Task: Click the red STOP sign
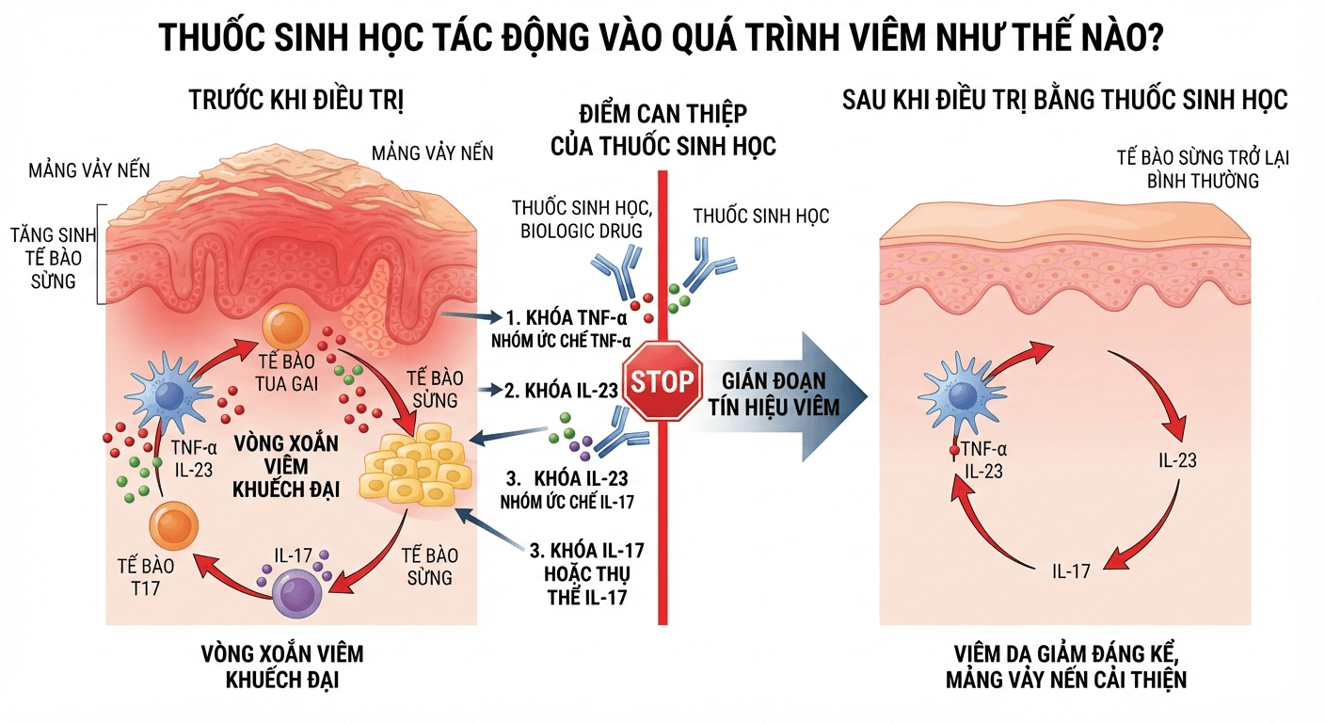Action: [x=662, y=381]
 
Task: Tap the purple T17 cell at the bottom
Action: [x=297, y=593]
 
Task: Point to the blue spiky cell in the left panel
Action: [x=169, y=394]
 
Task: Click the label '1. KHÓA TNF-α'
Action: [x=567, y=318]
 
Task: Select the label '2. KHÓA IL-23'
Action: [x=561, y=391]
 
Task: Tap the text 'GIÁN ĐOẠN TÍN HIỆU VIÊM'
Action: [x=774, y=394]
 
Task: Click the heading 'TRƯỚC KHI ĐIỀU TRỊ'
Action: [x=296, y=100]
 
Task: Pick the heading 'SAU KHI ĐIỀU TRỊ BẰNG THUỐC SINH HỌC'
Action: [x=1064, y=100]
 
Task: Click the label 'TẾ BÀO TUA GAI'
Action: [x=286, y=373]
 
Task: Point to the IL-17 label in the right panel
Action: [x=1071, y=570]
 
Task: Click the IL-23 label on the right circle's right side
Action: [x=1177, y=460]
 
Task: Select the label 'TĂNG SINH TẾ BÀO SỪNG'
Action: [x=54, y=258]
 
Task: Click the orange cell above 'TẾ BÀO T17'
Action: [x=173, y=526]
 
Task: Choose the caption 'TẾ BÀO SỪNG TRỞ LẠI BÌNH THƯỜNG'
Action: [x=1203, y=169]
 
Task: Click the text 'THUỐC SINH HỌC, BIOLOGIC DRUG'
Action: [x=583, y=219]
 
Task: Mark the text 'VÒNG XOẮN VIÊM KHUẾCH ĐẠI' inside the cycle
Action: [x=286, y=466]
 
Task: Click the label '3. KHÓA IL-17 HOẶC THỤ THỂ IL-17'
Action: [x=587, y=574]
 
